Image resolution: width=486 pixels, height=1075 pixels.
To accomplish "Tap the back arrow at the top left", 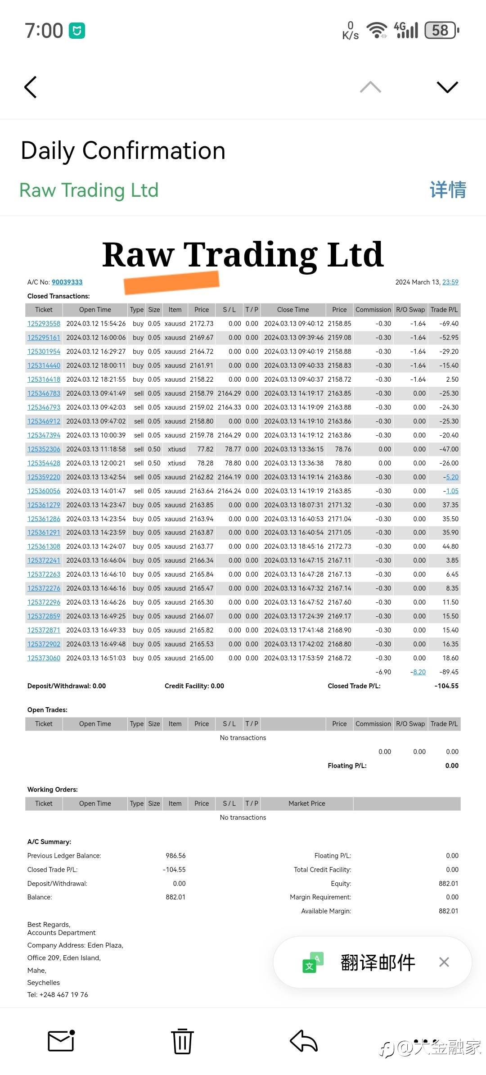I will point(31,87).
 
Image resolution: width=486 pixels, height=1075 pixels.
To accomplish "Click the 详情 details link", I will point(448,190).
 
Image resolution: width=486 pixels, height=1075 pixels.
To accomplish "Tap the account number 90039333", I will point(67,282).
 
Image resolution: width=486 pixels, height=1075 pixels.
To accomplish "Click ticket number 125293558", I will point(44,324).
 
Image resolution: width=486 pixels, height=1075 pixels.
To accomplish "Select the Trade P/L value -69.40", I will point(449,324).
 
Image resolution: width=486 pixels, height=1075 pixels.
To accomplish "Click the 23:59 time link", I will point(450,282).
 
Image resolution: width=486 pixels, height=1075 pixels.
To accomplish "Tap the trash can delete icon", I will point(182,1041).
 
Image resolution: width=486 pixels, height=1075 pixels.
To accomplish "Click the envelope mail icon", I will point(61,1041).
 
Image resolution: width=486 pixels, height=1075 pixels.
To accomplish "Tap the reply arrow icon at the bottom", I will point(304,1041).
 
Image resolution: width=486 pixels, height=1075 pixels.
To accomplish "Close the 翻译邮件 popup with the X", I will point(444,962).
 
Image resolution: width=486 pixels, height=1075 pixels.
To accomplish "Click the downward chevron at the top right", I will point(447,87).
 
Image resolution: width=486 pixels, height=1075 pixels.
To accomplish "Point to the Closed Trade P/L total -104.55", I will point(446,686).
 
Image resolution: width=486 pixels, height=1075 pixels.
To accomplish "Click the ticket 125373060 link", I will point(44,658).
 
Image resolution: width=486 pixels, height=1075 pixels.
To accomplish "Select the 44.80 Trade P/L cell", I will point(450,547).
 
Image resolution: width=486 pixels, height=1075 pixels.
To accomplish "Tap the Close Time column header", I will point(293,310).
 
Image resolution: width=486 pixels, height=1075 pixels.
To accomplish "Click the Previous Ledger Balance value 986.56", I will point(175,856).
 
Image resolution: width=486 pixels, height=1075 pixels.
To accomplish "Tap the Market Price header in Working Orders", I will point(306,804).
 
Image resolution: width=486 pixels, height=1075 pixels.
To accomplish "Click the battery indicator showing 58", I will point(441,30).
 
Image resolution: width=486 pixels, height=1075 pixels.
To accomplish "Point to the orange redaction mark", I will point(171,282).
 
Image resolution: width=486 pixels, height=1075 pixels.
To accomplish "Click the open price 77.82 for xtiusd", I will point(205,449).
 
